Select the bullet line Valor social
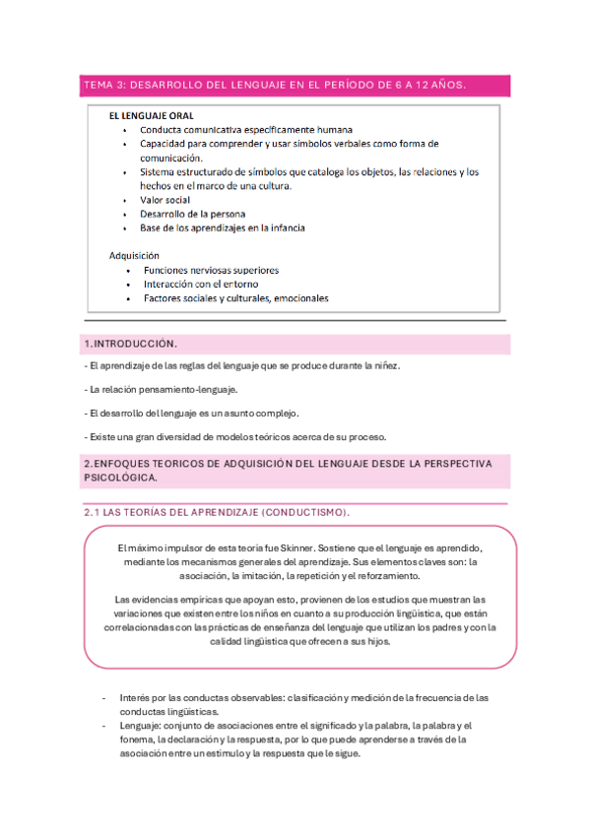166,199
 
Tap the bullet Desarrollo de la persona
192,214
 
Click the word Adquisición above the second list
134,256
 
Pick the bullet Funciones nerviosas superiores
211,270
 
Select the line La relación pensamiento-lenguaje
162,389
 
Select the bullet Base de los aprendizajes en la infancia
222,227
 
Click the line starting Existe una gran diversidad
236,437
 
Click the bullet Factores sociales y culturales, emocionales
236,298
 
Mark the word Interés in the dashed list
134,697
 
